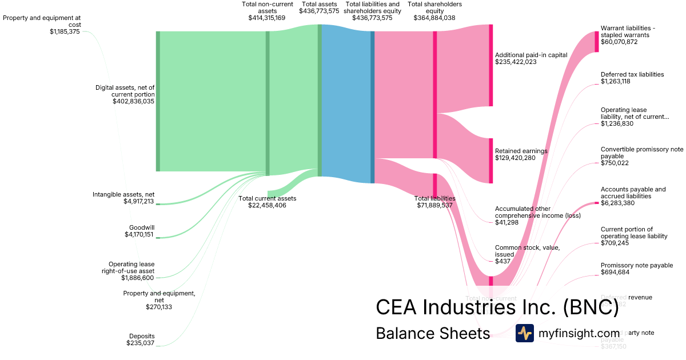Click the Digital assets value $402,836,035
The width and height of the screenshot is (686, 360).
134,101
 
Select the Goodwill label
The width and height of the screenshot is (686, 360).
142,227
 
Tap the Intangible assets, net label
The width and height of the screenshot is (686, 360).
123,194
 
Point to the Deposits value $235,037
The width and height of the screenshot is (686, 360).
141,343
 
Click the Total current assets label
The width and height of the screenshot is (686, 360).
267,198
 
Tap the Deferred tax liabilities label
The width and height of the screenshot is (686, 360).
632,74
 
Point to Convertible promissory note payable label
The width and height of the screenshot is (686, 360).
642,153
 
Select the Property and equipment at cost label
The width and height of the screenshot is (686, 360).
42,21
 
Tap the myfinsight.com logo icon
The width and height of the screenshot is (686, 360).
525,333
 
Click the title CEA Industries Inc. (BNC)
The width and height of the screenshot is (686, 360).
497,307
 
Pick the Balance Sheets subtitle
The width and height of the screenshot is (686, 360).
433,333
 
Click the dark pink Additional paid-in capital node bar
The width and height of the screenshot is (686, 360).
490,65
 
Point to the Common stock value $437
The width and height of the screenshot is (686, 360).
503,261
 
